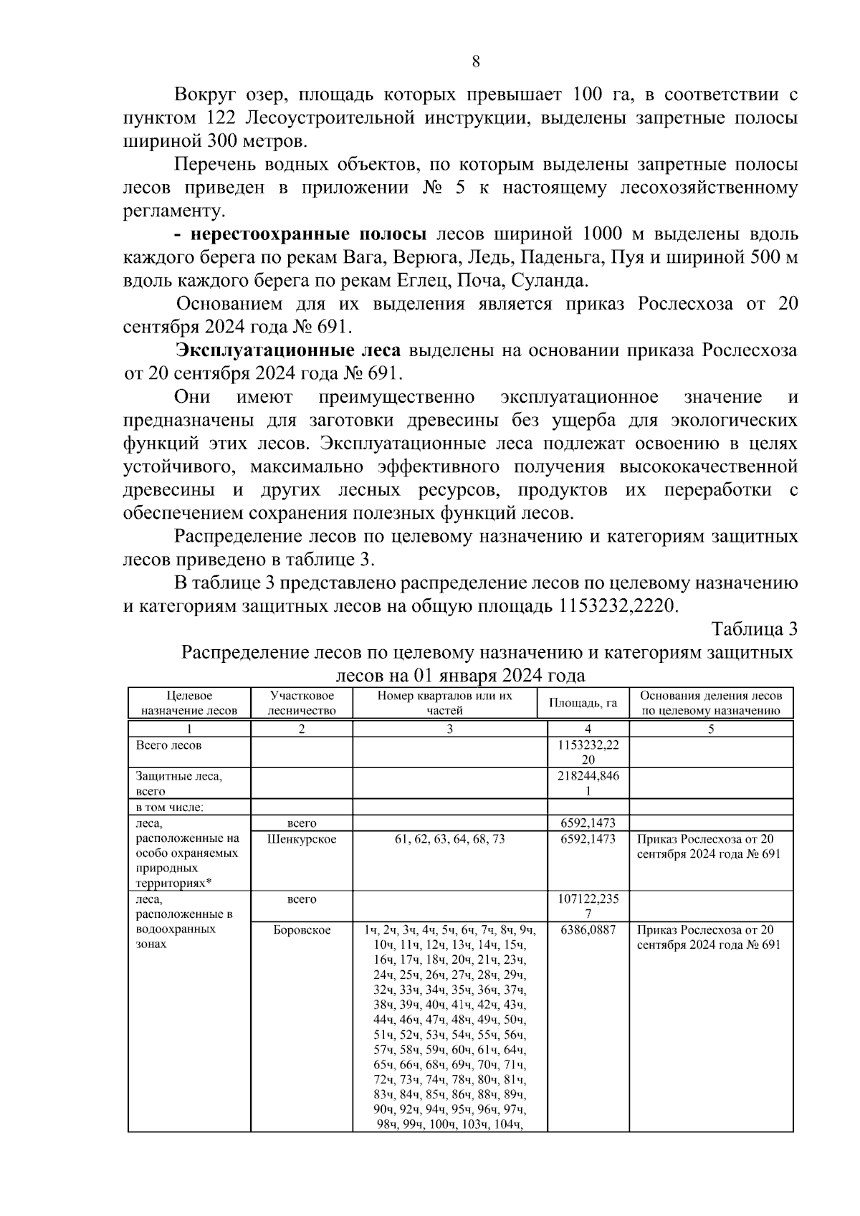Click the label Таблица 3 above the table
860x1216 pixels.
[754, 629]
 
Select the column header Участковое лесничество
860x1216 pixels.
[302, 703]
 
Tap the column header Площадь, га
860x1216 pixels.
[583, 703]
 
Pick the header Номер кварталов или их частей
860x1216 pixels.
[445, 703]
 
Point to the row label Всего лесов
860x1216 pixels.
[169, 745]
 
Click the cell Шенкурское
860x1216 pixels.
[302, 839]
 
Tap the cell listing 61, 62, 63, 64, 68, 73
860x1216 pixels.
[449, 839]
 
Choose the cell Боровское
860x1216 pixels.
[302, 930]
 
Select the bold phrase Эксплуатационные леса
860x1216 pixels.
[290, 351]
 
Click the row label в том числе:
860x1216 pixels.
[170, 808]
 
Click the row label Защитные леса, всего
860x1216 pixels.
[179, 783]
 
